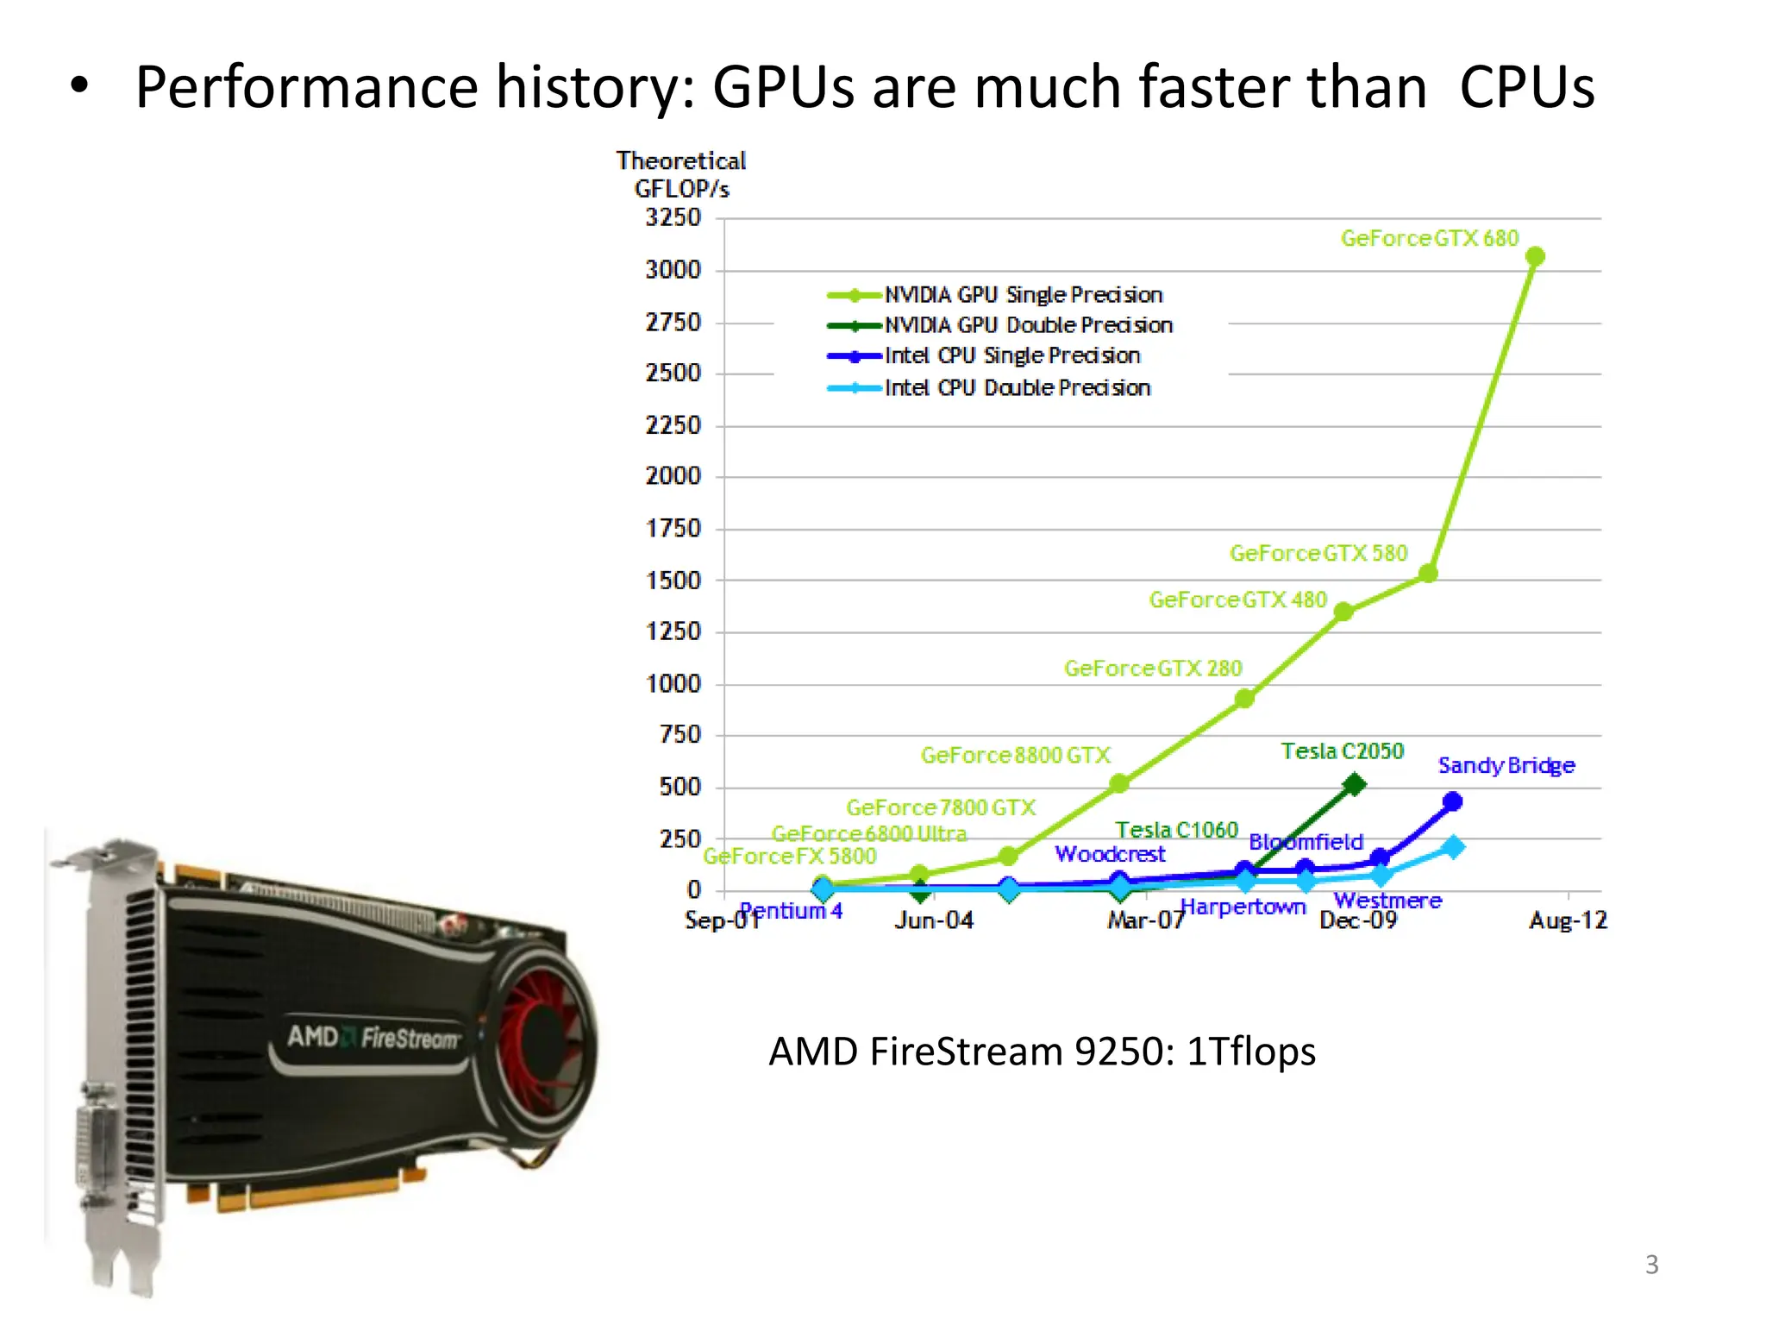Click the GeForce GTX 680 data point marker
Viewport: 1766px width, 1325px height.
pos(1535,256)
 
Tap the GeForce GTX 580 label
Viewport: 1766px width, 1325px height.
pos(1318,553)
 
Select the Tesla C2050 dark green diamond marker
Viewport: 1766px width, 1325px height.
pos(1355,784)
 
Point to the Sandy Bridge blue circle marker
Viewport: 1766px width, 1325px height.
pos(1452,801)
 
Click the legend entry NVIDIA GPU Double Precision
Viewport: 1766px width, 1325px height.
pos(1028,325)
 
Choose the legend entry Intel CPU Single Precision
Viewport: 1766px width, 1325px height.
pos(1011,355)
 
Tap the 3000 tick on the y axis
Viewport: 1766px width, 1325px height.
pos(673,270)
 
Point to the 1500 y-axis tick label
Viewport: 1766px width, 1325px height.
pos(673,581)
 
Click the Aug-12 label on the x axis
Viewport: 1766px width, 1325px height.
pos(1568,920)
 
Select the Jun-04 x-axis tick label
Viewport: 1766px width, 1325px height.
pos(934,920)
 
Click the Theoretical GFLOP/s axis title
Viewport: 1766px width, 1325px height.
pos(681,174)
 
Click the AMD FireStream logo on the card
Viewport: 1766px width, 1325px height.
pos(373,1037)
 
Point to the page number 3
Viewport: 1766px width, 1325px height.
pos(1651,1265)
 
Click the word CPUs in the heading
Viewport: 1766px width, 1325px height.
pos(1526,87)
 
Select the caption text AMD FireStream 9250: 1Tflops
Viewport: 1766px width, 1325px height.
pos(1042,1052)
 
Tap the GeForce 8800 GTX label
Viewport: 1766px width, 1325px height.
pos(1015,756)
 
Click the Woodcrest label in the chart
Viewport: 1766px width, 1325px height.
pos(1110,854)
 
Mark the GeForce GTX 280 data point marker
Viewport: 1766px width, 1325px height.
pos(1243,699)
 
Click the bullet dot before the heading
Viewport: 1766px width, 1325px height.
pos(79,86)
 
